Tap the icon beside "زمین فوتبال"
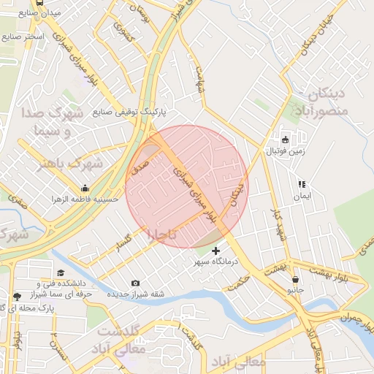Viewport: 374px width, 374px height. (x=285, y=140)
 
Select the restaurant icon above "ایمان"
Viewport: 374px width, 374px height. (x=301, y=185)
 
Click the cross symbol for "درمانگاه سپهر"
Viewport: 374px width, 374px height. (x=215, y=251)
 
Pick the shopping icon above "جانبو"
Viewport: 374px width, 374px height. (x=295, y=279)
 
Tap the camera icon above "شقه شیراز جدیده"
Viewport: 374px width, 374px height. (x=135, y=283)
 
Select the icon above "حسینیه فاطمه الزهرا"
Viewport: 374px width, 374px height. (x=85, y=188)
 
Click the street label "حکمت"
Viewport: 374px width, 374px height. (x=238, y=285)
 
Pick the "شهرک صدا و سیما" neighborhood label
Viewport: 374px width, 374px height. (x=61, y=122)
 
